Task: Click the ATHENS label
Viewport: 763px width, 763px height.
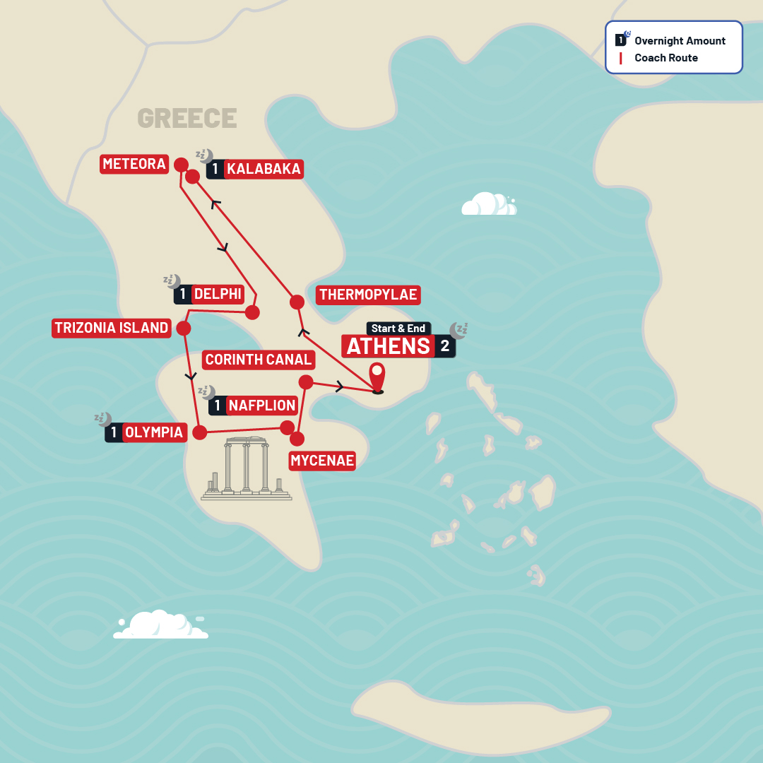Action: [388, 346]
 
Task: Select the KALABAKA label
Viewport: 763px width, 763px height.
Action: [264, 169]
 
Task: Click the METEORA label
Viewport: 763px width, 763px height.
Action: [134, 164]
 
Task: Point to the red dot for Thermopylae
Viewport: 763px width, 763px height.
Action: [297, 302]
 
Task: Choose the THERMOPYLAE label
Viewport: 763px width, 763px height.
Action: [367, 295]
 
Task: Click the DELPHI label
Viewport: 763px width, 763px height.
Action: [217, 294]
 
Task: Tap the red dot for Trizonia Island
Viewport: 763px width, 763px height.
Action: [184, 328]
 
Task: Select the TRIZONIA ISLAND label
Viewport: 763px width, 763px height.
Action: [112, 328]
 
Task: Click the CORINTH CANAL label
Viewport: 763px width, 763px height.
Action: [258, 360]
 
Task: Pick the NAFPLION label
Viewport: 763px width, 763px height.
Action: [261, 406]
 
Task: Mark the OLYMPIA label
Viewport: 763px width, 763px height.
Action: [154, 432]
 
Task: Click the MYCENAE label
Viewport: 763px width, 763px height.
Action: [322, 461]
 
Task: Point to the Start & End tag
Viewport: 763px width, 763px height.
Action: [398, 329]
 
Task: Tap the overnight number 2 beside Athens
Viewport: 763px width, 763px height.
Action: [445, 346]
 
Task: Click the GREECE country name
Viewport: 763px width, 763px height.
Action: [187, 118]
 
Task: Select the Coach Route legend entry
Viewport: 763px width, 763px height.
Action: [666, 58]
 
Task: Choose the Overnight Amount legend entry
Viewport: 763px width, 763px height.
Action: [679, 41]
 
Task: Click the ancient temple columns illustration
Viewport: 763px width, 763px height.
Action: [246, 468]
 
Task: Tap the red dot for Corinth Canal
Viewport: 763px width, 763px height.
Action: [306, 382]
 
